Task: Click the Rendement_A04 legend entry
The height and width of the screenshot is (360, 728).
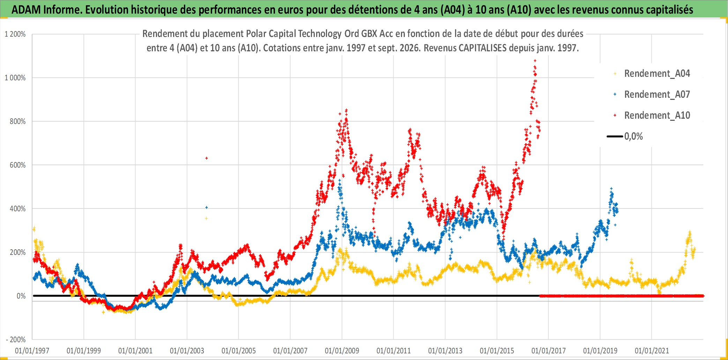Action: pos(652,74)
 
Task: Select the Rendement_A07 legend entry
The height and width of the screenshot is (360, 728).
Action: pos(652,95)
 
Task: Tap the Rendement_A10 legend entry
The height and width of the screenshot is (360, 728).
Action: pos(652,116)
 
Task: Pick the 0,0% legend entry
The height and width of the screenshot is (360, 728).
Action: pos(625,136)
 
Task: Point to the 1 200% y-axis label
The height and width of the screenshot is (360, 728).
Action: pos(15,34)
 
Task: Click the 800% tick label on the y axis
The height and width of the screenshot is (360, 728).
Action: pos(18,122)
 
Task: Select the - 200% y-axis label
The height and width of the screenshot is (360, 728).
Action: pos(16,339)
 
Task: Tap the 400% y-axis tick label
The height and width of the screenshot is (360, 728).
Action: pos(18,209)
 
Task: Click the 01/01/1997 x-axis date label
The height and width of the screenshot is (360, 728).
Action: pos(32,351)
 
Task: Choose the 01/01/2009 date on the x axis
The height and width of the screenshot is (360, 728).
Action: pos(342,351)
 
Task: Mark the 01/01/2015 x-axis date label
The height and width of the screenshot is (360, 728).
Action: pos(497,351)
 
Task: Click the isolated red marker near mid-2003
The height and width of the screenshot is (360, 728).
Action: pos(207,158)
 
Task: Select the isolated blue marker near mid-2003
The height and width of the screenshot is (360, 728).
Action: pos(207,207)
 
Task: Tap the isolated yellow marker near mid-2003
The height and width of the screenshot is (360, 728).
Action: pos(207,219)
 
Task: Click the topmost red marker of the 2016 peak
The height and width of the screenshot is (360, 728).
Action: pos(535,61)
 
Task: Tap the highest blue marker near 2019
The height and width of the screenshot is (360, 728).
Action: pos(611,189)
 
